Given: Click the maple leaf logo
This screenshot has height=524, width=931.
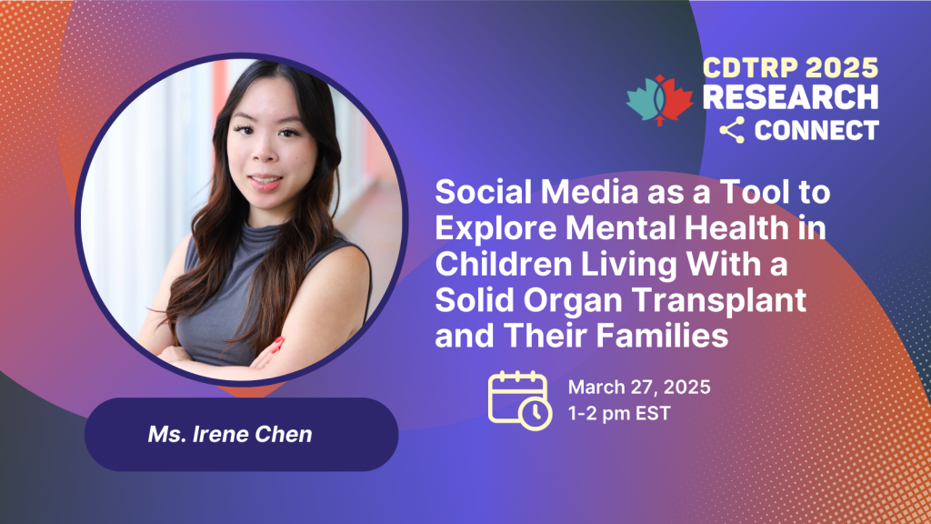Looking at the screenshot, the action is coord(659,100).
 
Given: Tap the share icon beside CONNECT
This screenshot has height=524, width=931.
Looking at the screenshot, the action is coord(732,130).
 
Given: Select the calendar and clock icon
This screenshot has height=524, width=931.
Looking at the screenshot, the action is coord(519,400).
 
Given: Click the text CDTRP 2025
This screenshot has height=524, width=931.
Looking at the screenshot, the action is coord(790,67).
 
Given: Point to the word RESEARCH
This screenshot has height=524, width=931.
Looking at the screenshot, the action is coord(790,96).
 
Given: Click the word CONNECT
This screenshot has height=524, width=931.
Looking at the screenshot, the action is coord(816,131).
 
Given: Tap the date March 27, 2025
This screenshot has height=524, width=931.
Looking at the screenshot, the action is coord(639,387).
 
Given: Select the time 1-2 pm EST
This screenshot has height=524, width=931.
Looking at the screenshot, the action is coord(618,413).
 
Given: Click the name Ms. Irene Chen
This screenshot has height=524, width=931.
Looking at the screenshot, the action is coord(230,434).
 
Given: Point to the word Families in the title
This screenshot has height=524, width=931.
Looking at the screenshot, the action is coord(662,336).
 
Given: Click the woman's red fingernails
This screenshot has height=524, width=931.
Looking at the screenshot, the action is coord(276,346).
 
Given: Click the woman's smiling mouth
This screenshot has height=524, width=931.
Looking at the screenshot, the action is coord(265,181).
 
